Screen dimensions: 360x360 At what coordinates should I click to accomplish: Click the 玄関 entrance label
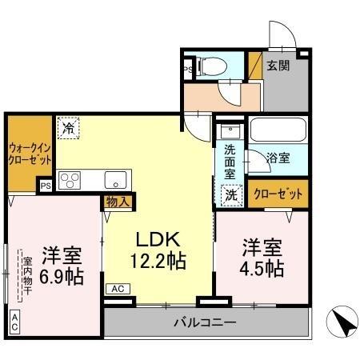point(279,66)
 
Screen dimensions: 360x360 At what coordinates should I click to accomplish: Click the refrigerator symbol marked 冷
point(69,126)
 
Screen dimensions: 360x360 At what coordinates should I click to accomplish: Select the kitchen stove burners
point(70,180)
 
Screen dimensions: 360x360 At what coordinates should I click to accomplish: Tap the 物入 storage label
point(117,202)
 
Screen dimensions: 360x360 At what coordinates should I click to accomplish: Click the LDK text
point(157,239)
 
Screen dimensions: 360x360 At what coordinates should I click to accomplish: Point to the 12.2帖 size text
point(157,260)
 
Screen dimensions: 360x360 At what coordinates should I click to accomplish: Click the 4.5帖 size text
point(262,268)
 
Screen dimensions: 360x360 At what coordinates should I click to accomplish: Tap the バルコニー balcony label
point(205,323)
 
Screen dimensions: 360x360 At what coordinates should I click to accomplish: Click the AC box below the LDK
point(117,289)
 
